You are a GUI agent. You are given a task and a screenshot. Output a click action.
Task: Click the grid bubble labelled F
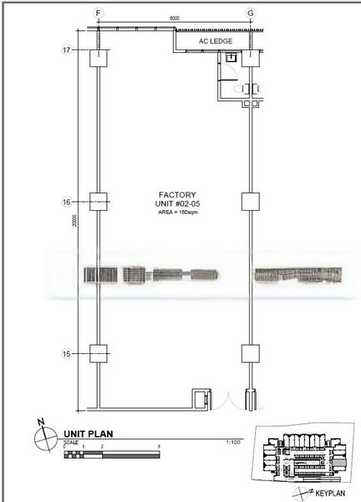pyautogui.click(x=99, y=13)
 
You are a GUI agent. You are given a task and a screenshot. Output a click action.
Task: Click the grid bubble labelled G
pyautogui.click(x=249, y=13)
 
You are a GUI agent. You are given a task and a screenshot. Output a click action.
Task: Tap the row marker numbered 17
pyautogui.click(x=66, y=50)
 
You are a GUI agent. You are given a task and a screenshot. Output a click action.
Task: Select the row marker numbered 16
pyautogui.click(x=66, y=202)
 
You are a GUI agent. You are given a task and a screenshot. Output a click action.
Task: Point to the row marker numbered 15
pyautogui.click(x=66, y=353)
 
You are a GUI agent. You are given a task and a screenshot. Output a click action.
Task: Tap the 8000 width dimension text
pyautogui.click(x=174, y=18)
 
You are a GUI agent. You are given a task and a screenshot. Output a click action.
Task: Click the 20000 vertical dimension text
pyautogui.click(x=75, y=221)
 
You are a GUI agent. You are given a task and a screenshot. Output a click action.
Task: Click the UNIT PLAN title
pyautogui.click(x=87, y=434)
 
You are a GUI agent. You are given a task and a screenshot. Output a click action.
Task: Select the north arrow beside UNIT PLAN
pyautogui.click(x=41, y=436)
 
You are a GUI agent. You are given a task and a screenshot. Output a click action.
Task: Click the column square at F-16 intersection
pyautogui.click(x=99, y=202)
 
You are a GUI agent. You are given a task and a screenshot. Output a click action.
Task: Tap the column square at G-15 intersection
pyautogui.click(x=249, y=353)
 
